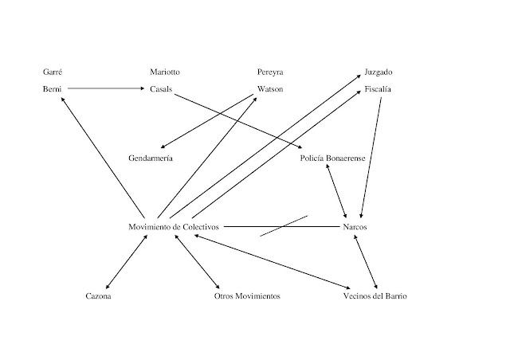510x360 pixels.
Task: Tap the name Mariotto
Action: click(165, 72)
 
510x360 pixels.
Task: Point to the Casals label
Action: click(162, 88)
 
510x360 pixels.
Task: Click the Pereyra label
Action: click(270, 72)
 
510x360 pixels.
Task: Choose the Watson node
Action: click(270, 88)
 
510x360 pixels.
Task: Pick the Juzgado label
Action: click(378, 72)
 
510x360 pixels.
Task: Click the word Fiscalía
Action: click(379, 88)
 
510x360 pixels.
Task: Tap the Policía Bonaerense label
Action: click(333, 158)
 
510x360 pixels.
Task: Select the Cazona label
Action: click(99, 296)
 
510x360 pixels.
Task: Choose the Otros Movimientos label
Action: click(247, 296)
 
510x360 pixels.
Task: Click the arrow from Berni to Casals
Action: click(106, 88)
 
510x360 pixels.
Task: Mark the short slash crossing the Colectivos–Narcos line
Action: click(284, 225)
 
